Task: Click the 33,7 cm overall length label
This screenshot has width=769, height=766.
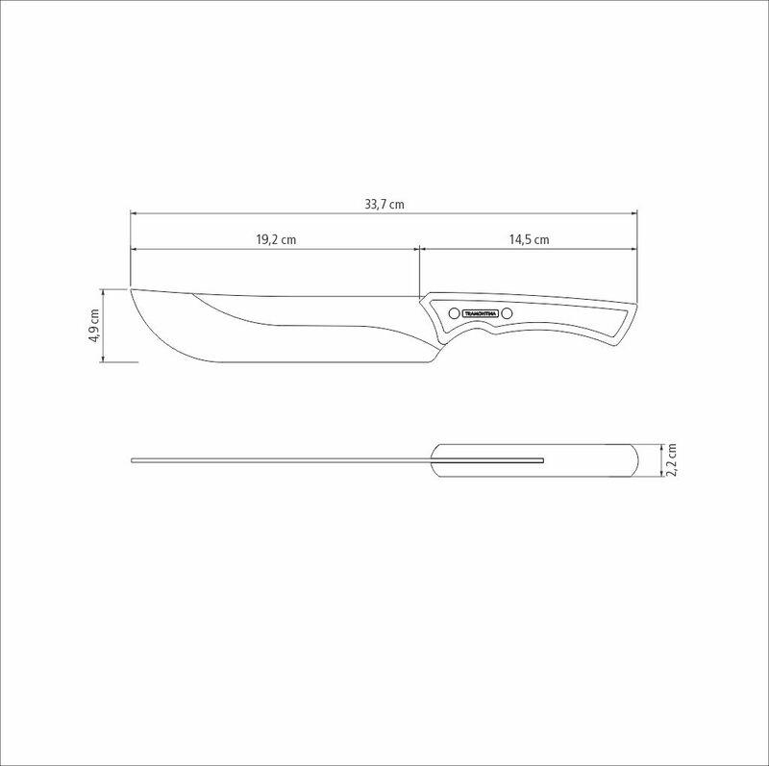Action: pos(384,204)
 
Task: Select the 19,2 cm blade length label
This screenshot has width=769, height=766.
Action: pos(275,239)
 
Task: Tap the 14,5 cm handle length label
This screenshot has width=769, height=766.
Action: pos(529,239)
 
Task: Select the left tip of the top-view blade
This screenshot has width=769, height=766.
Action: pos(133,461)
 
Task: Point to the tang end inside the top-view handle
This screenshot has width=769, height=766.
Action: pos(543,461)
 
